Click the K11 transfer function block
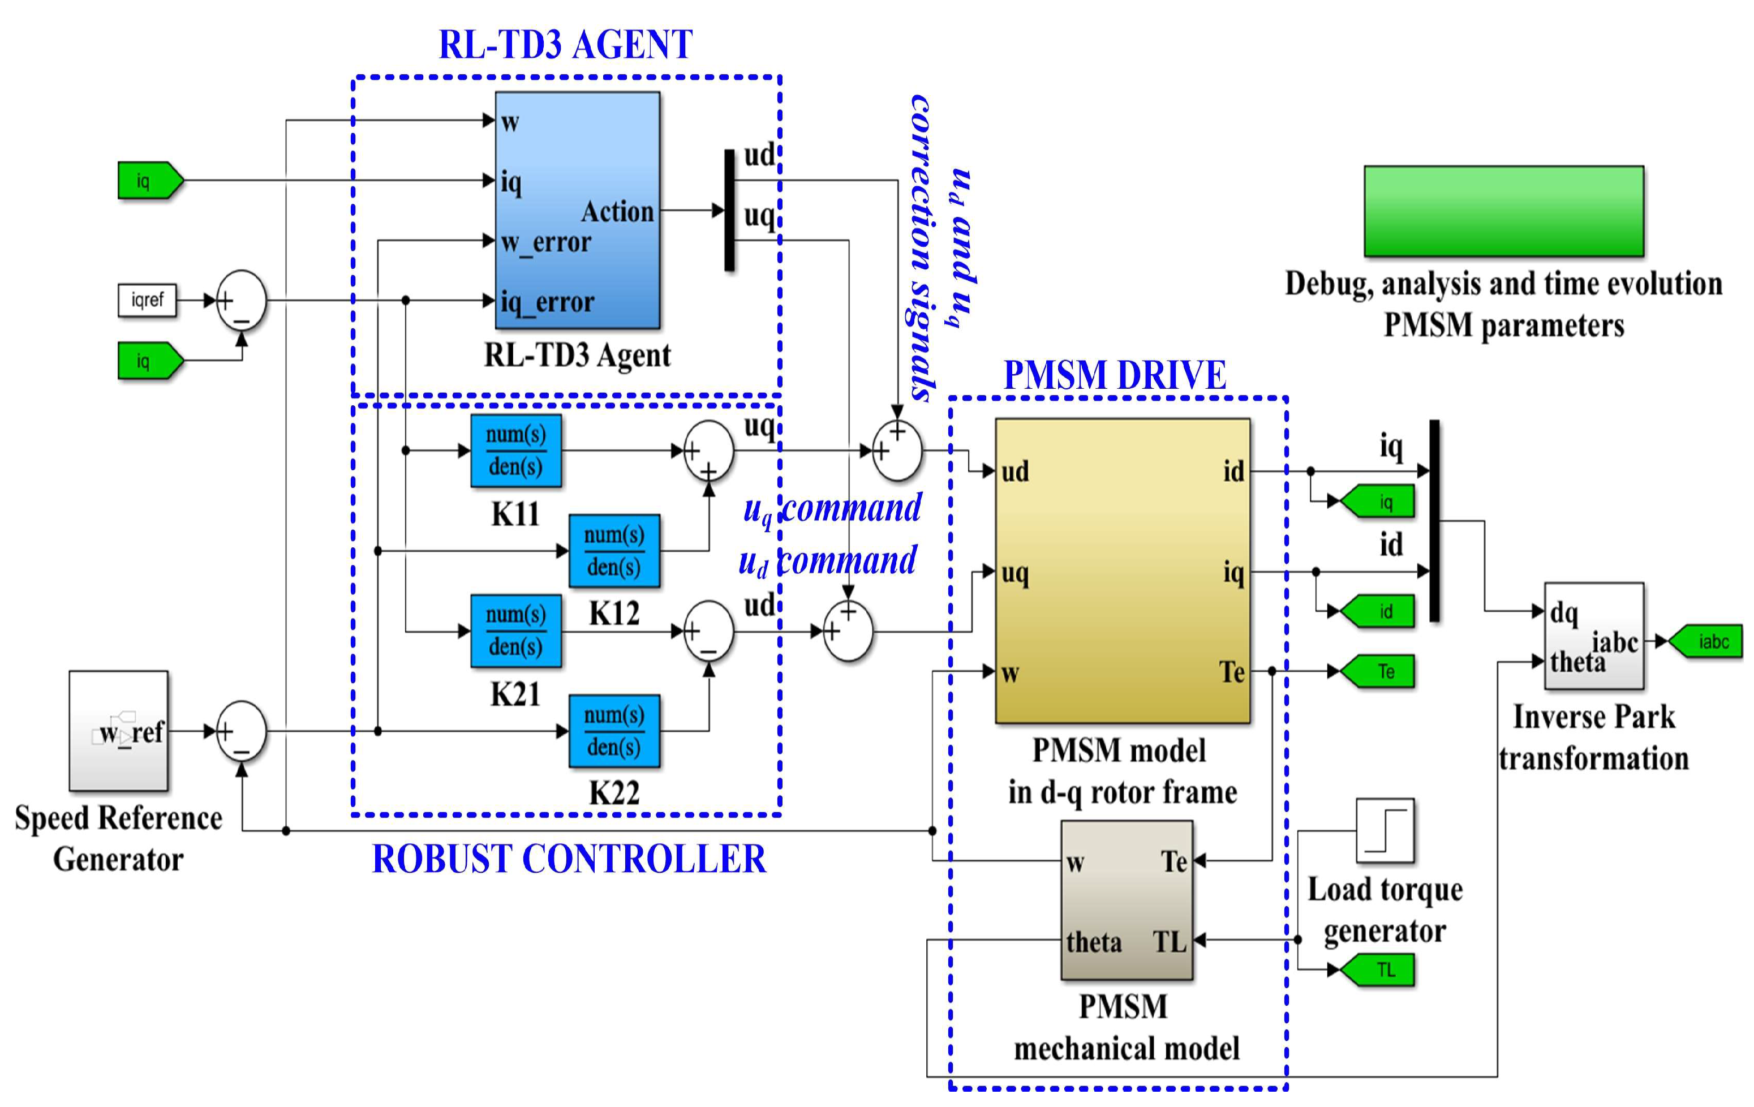tap(515, 450)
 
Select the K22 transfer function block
tap(614, 731)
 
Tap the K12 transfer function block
tap(614, 551)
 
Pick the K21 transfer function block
tap(515, 630)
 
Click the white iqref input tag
tap(147, 299)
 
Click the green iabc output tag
tap(1706, 641)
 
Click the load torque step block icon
tap(1385, 830)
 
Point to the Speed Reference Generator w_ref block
tap(119, 731)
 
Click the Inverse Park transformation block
tap(1594, 636)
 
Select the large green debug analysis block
tap(1503, 211)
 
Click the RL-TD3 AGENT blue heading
tap(565, 45)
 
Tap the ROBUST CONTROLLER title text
tap(569, 859)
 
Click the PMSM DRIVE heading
tap(1115, 375)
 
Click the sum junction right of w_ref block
tap(242, 731)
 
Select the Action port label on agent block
tap(617, 211)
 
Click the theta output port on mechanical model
tap(1093, 942)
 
